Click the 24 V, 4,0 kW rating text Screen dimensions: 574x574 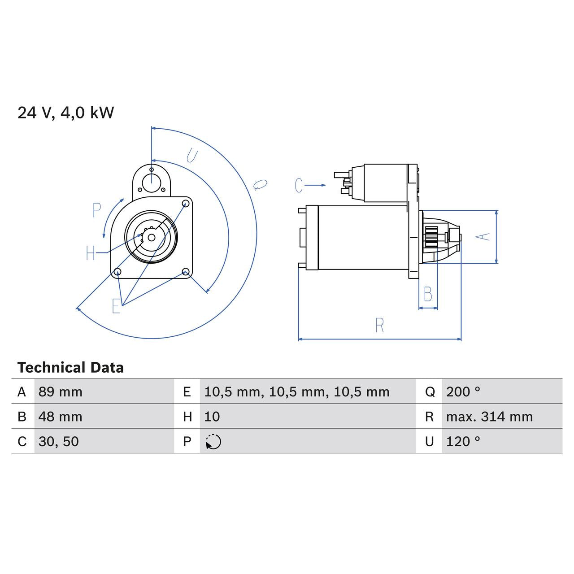[x=66, y=113]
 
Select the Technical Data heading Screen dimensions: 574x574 [x=70, y=368]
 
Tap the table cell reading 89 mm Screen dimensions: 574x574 [x=61, y=392]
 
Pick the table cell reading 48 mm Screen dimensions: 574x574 [x=61, y=417]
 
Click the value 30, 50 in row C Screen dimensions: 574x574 [x=59, y=441]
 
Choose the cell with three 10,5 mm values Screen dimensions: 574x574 [x=296, y=392]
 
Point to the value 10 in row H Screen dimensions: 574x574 [x=212, y=417]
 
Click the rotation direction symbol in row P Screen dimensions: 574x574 [x=213, y=442]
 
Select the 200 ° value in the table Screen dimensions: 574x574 [x=463, y=392]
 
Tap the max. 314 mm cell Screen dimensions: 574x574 [x=489, y=417]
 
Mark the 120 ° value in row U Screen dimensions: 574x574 [x=463, y=441]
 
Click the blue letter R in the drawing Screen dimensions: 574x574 [x=379, y=326]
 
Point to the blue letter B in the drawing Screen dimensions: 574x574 [x=428, y=295]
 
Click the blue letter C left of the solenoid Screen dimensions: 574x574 [x=299, y=185]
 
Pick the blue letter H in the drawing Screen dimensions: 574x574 [x=91, y=253]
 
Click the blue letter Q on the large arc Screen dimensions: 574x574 [x=260, y=184]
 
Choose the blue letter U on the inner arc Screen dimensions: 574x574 [x=192, y=156]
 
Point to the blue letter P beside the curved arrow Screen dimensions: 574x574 [x=96, y=210]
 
